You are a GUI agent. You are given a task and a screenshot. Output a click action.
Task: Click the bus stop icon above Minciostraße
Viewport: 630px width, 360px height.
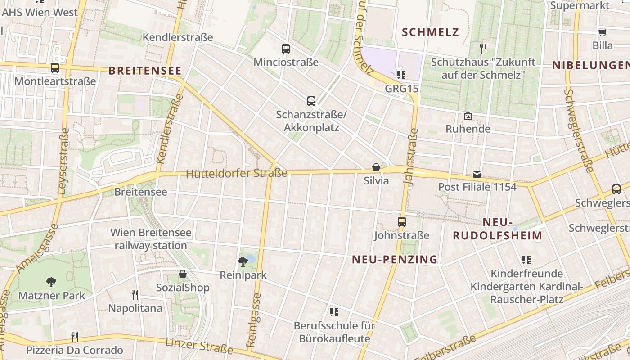pos(286,49)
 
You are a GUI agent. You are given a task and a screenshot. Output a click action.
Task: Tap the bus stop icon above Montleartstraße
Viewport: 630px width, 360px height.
pos(55,68)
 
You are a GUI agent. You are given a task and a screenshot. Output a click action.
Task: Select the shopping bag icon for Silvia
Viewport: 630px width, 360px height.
pos(376,167)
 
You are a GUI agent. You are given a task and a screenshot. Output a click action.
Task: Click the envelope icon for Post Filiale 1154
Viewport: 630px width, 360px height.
pos(477,174)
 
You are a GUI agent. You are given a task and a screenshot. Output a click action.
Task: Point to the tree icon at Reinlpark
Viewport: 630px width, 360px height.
pos(243,261)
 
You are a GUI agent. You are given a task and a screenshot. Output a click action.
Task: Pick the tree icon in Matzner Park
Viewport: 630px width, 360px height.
pos(51,282)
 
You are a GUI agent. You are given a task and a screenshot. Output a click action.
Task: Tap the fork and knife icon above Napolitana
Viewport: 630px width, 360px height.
pos(135,295)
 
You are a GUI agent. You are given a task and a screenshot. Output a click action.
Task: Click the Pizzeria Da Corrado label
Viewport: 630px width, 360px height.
pos(75,350)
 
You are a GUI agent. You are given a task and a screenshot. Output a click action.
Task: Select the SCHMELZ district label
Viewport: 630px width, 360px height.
pos(431,32)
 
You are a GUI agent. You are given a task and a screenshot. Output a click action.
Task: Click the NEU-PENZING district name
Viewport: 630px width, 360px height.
pos(395,259)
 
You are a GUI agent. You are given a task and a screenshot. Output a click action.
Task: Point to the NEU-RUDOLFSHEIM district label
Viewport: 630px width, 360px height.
pos(497,229)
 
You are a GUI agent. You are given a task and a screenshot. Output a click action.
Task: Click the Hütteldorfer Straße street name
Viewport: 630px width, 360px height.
pos(237,173)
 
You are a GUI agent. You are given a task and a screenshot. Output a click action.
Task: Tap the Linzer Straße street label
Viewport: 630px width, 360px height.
pos(199,346)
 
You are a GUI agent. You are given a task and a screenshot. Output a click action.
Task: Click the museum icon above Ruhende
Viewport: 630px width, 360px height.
pos(468,116)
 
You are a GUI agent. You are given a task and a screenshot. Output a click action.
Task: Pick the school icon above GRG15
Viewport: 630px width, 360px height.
pos(401,75)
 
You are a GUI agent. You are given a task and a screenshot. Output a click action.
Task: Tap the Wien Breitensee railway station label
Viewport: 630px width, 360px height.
pos(151,239)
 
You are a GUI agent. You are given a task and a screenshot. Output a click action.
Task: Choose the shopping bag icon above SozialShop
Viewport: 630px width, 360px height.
pos(183,274)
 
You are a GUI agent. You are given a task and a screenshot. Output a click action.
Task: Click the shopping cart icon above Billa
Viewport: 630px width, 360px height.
pos(603,32)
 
